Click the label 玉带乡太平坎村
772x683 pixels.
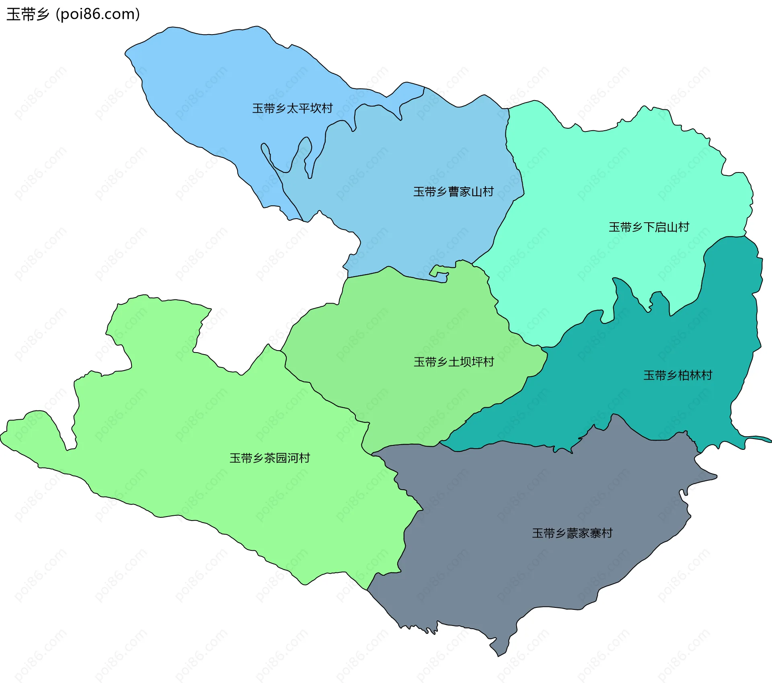point(292,108)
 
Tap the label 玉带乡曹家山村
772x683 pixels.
point(453,191)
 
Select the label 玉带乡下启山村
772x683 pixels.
point(649,227)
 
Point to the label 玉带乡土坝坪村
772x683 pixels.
point(454,362)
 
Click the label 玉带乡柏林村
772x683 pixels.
point(678,375)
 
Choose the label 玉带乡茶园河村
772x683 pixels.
point(269,458)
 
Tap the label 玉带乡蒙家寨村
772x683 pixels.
point(572,533)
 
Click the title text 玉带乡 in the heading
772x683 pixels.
point(28,14)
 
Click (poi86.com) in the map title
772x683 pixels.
point(98,14)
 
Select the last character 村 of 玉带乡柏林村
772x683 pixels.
point(706,375)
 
